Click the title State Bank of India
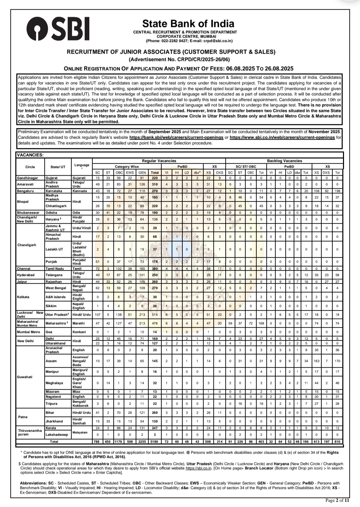point(188,24)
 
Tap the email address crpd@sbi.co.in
point(219,41)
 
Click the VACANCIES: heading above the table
point(30,155)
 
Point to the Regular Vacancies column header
point(159,161)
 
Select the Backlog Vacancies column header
point(284,161)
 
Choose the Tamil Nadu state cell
point(55,269)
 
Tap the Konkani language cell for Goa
point(79,332)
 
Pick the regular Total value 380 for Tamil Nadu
point(155,269)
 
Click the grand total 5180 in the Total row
point(155,442)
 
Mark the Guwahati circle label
point(25,377)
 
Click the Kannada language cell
point(80,191)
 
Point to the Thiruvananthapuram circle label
point(30,432)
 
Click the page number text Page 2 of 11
point(337,500)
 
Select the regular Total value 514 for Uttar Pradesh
point(155,315)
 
